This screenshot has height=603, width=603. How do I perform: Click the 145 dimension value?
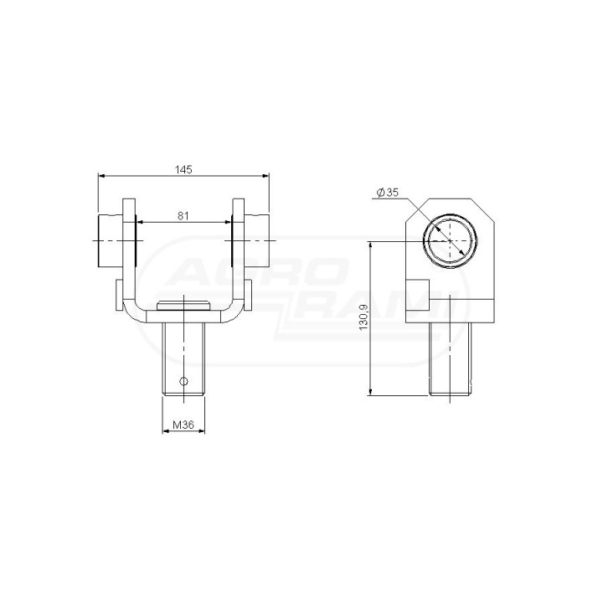(183, 169)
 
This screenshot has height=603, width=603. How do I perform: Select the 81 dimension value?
(183, 216)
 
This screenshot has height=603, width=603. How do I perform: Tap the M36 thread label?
(183, 425)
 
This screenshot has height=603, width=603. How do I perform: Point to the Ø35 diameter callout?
(388, 193)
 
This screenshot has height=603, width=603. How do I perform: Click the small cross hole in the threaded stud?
(183, 381)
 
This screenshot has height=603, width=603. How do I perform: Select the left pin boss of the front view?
(111, 241)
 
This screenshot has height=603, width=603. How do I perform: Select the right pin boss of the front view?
(256, 241)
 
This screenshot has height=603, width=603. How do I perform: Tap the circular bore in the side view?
(450, 240)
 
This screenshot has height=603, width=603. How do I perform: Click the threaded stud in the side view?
(450, 358)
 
